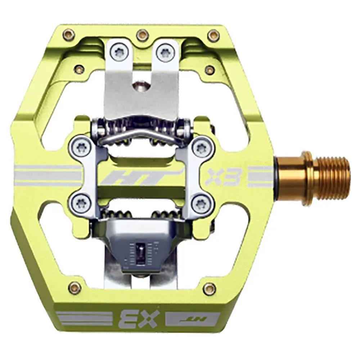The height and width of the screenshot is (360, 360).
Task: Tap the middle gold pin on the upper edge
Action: [141, 35]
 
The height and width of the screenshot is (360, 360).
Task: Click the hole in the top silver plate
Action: [140, 86]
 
